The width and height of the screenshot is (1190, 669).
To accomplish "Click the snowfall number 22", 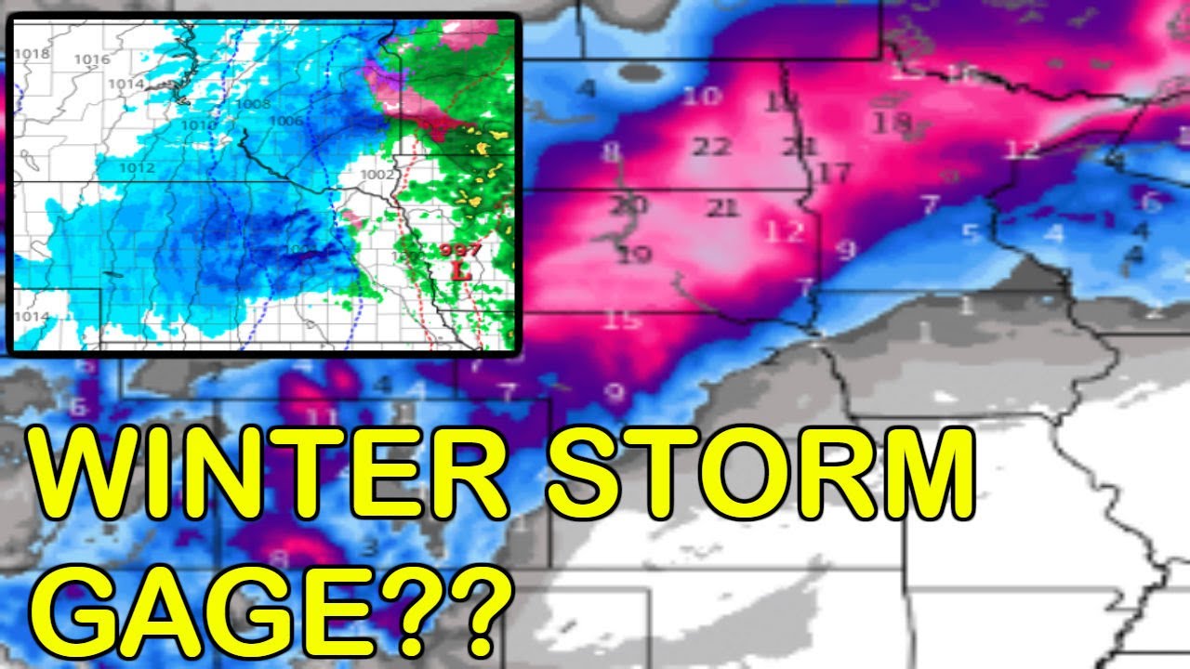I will pos(713,147).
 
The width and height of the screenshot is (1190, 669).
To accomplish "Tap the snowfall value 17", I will pos(835,173).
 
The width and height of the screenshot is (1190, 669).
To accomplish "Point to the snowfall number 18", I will pos(892,123).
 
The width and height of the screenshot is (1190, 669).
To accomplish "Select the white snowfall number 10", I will pos(706,96).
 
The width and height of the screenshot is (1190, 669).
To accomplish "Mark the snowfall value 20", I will pos(628,204).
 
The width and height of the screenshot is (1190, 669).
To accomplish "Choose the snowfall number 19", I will pos(634,254).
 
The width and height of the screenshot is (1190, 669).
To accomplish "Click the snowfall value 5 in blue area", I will pos(972,232).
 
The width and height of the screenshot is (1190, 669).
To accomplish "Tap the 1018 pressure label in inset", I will pos(33,53).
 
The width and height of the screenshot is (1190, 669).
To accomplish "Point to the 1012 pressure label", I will pos(137,167).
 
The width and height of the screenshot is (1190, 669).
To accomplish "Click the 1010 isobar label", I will pos(198,125).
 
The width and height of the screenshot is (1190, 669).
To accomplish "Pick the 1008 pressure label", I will pos(253,104).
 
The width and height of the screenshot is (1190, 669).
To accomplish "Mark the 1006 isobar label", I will pos(285,121).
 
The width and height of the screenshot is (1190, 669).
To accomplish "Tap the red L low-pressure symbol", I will pos(456,271).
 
